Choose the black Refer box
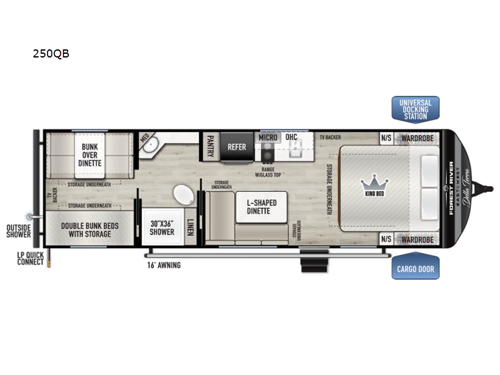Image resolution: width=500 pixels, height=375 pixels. pos(237,146)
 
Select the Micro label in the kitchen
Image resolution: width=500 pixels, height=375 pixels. pos(267,137)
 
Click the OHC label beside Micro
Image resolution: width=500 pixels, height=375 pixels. pos(293,137)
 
